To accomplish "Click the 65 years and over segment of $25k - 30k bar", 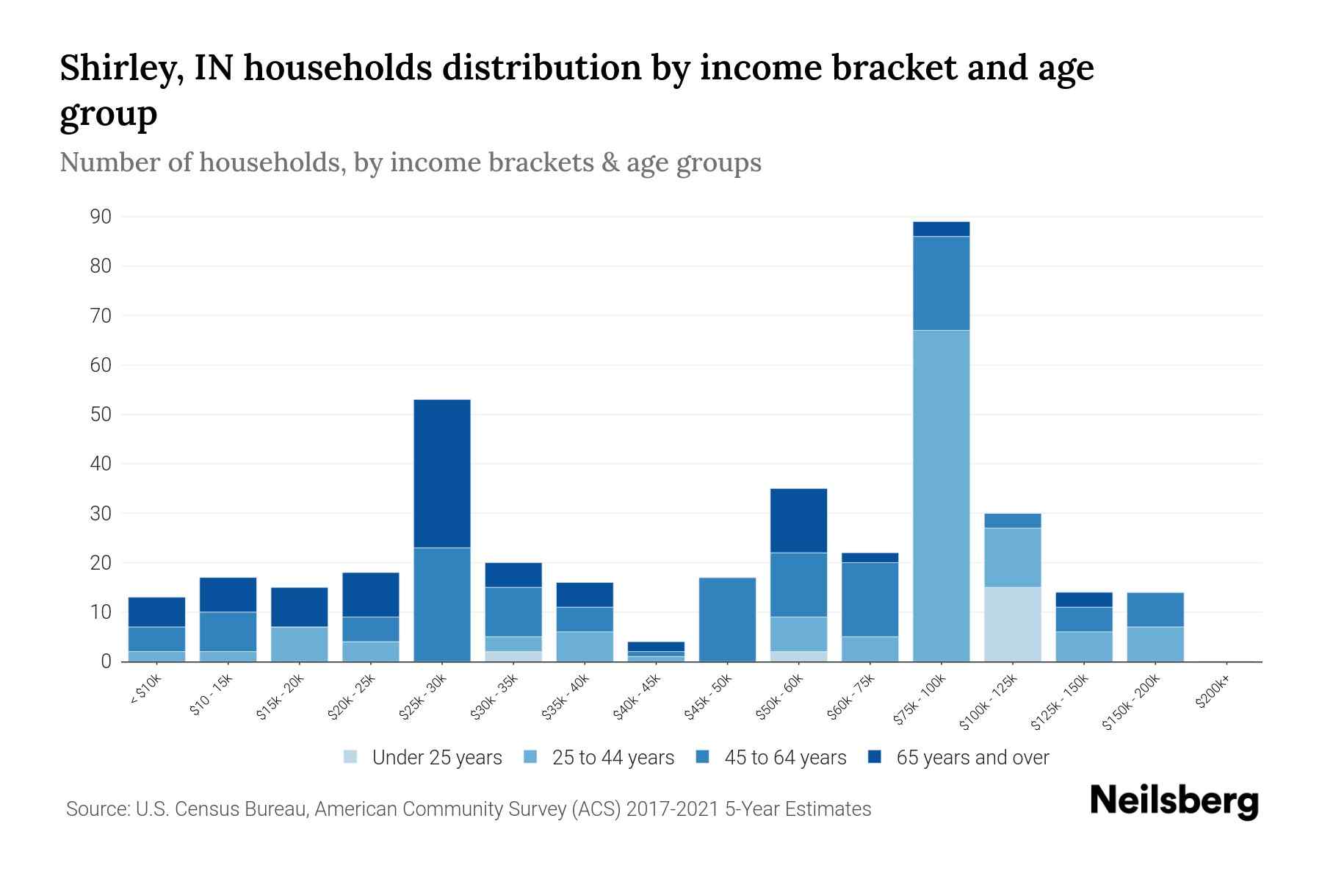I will pyautogui.click(x=442, y=473).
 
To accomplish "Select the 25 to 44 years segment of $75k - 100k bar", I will pyautogui.click(x=941, y=495).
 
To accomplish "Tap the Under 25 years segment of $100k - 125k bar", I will pyautogui.click(x=1012, y=624).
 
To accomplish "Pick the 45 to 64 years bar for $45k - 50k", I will pyautogui.click(x=727, y=619).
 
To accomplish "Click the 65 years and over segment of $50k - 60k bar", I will pyautogui.click(x=798, y=520).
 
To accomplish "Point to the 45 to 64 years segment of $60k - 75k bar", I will pyautogui.click(x=870, y=599).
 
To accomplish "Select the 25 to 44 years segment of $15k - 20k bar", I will pyautogui.click(x=300, y=644).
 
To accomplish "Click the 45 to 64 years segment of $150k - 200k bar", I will pyautogui.click(x=1155, y=609).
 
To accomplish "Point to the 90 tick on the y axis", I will pyautogui.click(x=101, y=217).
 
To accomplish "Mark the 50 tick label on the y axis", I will pyautogui.click(x=101, y=415).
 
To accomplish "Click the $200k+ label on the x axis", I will pyautogui.click(x=1213, y=694).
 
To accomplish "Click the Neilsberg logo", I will pyautogui.click(x=1174, y=801).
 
